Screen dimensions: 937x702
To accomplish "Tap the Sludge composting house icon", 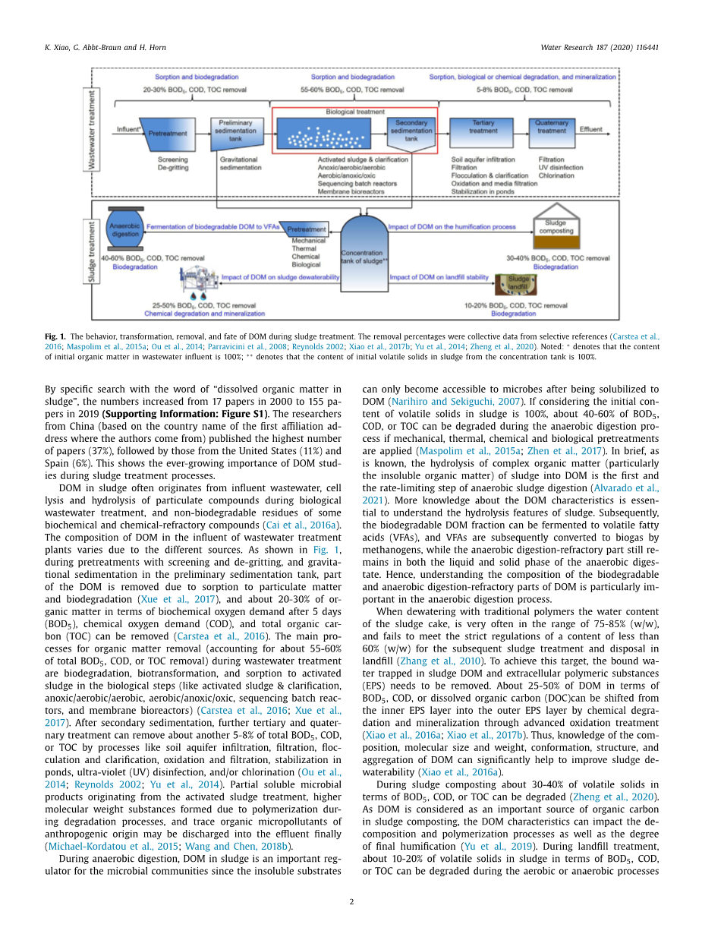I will tap(556, 228).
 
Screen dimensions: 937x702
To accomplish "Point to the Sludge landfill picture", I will tap(518, 285).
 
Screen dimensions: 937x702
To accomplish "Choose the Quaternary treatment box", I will tap(551, 130).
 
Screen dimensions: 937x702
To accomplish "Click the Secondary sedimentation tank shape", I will tap(411, 131).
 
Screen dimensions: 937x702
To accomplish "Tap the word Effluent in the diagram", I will tap(591, 130).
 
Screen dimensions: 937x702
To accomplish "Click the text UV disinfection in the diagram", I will tap(561, 168).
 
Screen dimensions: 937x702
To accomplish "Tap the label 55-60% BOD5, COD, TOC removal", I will tap(353, 90).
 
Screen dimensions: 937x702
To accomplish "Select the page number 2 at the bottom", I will tap(351, 901).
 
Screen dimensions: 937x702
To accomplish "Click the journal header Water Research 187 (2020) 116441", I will tap(599, 47).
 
